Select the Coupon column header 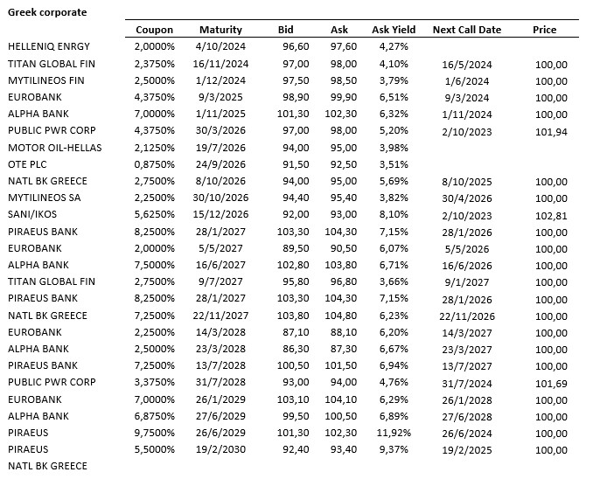pyautogui.click(x=155, y=30)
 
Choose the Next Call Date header pyautogui.click(x=467, y=30)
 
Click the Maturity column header pyautogui.click(x=221, y=30)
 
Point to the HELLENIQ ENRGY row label pyautogui.click(x=49, y=45)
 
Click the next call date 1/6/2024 pyautogui.click(x=468, y=81)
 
